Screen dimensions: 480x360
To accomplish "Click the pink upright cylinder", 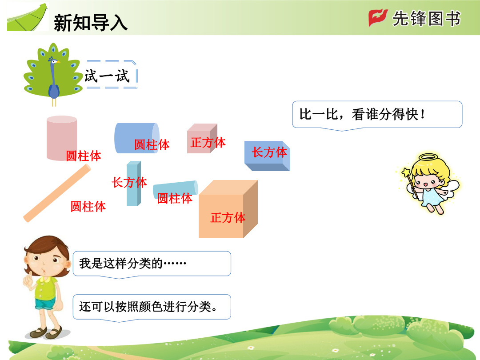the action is [x=61, y=138].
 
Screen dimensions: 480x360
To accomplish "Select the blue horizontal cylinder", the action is [x=137, y=138].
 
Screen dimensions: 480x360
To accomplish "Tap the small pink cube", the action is [x=202, y=138].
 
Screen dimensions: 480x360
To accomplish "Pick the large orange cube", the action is [x=228, y=209].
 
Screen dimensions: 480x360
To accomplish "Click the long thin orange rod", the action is [x=57, y=193].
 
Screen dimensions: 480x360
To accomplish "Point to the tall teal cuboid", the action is [x=134, y=184].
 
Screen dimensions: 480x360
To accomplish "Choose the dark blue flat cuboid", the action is [x=267, y=156].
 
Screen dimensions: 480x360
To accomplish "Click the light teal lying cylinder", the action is [x=176, y=190].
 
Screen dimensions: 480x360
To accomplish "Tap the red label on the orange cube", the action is [x=228, y=218].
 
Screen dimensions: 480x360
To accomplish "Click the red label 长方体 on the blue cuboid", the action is [x=269, y=152].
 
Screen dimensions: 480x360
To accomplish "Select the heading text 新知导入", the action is [x=91, y=23].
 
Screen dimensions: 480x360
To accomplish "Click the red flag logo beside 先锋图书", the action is [x=378, y=17].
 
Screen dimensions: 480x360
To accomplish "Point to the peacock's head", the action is [x=54, y=60].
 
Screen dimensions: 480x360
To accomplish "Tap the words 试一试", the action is [x=107, y=76].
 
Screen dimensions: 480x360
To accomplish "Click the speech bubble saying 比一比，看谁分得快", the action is [x=377, y=115].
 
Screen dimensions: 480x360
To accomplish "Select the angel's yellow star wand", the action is [x=410, y=183].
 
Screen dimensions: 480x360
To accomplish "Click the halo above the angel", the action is [x=428, y=157].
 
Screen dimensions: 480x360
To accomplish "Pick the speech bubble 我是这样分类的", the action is [x=152, y=264].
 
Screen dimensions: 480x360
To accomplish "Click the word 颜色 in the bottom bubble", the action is [x=150, y=306].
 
